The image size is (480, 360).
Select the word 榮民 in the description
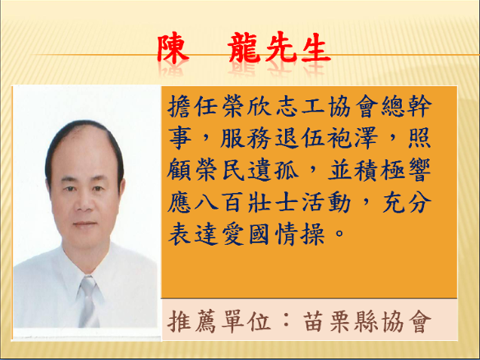[x=221, y=170]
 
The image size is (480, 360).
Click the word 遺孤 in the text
[x=274, y=170]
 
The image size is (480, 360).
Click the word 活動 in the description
[x=327, y=202]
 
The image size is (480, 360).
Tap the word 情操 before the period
[x=300, y=234]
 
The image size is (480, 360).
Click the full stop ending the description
[x=339, y=234]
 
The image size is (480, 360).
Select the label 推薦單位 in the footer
[x=219, y=321]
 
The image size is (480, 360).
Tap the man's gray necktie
[x=89, y=301]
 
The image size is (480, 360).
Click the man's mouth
[x=85, y=224]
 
